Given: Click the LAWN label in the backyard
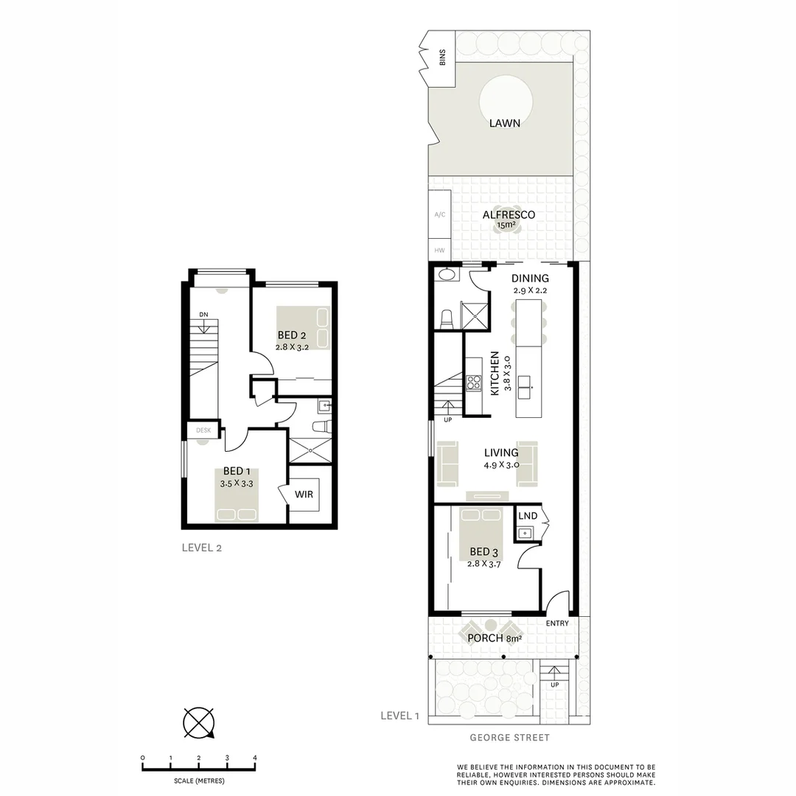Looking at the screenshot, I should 505,124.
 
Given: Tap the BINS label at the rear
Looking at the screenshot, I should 443,57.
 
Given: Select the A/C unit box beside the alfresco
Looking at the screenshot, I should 440,214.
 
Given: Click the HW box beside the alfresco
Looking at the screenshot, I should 440,251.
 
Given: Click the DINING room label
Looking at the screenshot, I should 531,279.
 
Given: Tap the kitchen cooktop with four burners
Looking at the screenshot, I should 473,383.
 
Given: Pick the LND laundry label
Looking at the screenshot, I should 527,516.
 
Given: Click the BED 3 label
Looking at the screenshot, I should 479,551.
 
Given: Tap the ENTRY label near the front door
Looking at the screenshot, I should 557,624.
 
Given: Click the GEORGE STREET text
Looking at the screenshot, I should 509,737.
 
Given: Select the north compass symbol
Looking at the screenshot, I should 199,722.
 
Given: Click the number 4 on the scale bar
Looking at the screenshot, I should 255,758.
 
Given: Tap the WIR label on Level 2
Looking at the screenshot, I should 304,495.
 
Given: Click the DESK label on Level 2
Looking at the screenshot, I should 203,430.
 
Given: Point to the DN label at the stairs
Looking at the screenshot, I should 203,315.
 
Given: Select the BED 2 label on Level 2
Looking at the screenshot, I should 292,336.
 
